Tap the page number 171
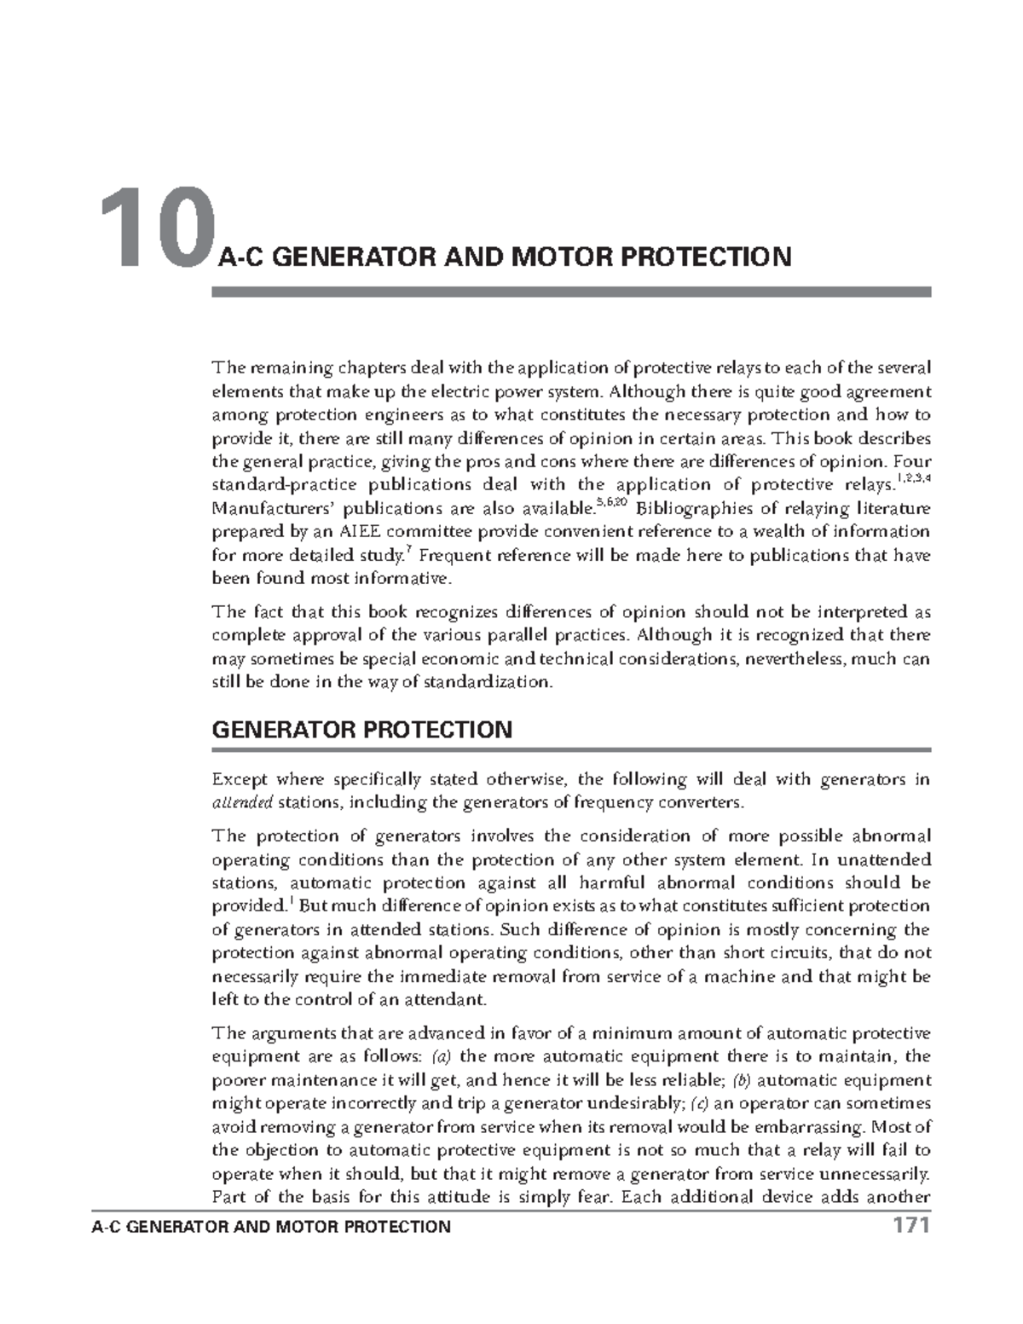(910, 1226)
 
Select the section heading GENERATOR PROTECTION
(361, 730)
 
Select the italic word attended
(242, 802)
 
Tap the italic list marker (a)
(441, 1056)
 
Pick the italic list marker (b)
(741, 1080)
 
